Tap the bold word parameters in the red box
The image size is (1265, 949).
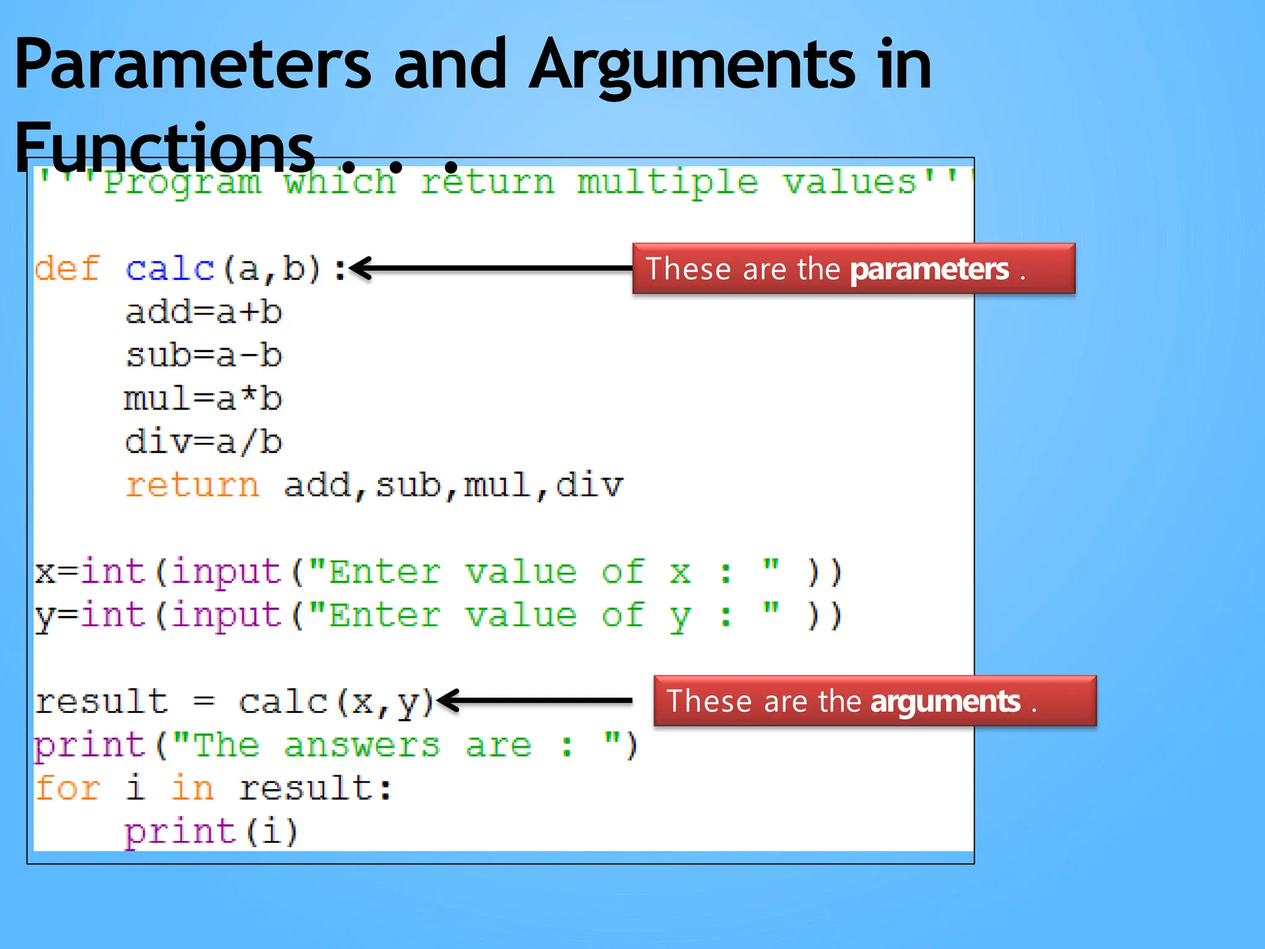click(x=929, y=269)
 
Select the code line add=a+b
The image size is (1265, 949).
click(x=204, y=313)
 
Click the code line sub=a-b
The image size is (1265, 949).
click(x=204, y=356)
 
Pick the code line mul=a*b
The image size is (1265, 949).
click(x=204, y=399)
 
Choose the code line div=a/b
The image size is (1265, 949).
click(x=204, y=442)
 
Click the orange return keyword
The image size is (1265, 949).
click(x=192, y=486)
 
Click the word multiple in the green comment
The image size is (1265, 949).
click(x=667, y=183)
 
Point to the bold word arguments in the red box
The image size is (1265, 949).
click(x=945, y=702)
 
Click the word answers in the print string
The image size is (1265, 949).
click(x=362, y=745)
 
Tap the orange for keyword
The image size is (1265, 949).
click(x=67, y=789)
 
